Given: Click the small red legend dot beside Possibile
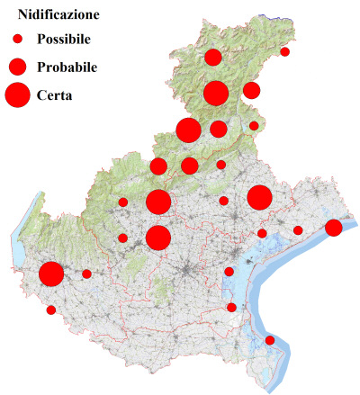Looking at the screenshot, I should pos(17,40).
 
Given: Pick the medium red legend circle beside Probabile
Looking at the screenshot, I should pos(17,67).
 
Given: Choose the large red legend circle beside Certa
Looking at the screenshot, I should pos(17,94).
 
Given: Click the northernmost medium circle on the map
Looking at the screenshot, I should pos(213,58).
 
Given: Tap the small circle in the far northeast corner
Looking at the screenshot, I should pos(285,51).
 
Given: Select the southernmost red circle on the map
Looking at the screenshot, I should pos(270,340).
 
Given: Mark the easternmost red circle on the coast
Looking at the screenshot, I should pos(333,228).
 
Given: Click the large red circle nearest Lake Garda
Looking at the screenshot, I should pos(51,274).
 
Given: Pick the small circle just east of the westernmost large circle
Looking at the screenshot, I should pos(86,274).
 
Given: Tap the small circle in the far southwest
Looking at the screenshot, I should pos(51,310).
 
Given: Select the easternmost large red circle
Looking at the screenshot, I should pos(260,198).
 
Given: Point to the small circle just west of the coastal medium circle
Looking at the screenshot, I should pos(298,230).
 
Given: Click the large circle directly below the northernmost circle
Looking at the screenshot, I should pos(216,93).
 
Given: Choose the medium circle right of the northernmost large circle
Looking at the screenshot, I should pos(251,90).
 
